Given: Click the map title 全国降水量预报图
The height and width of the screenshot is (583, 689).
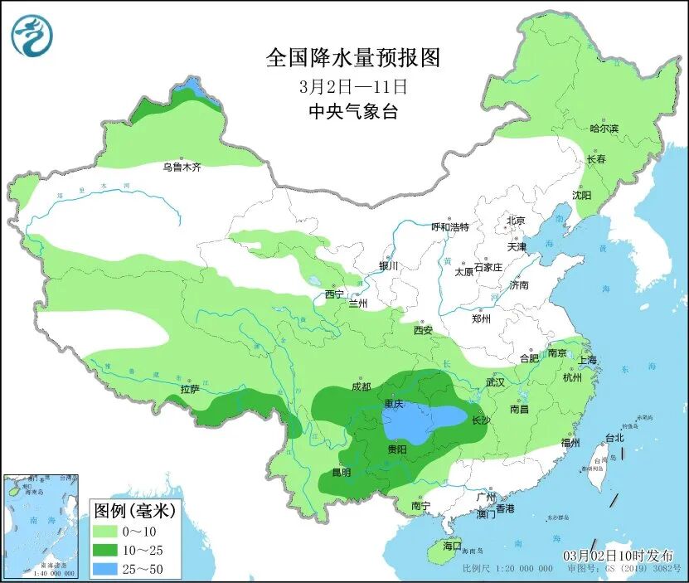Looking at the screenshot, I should pos(352,57).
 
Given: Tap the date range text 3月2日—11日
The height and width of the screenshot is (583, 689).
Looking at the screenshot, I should pos(353,85).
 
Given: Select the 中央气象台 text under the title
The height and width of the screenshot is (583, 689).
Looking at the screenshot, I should pos(352,111).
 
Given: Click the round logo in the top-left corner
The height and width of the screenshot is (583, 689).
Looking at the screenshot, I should pos(32,35).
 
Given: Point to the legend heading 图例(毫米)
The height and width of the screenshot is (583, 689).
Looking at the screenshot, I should pos(133,509).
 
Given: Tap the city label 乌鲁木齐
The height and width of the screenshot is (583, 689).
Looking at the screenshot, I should pos(182,167).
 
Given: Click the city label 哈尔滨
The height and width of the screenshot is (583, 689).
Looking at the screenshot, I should pos(604,128).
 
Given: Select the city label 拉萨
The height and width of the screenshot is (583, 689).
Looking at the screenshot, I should pos(189,388).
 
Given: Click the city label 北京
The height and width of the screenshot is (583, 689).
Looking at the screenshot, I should pos(516,221).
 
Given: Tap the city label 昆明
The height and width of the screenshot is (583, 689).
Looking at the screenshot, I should pos(341,472).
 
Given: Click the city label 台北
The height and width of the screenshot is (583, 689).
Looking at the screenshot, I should pos(614,437).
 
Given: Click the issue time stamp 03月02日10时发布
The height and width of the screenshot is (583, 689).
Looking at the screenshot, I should pos(619,555).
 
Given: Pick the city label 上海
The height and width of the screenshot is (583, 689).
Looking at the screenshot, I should pos(587,360).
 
